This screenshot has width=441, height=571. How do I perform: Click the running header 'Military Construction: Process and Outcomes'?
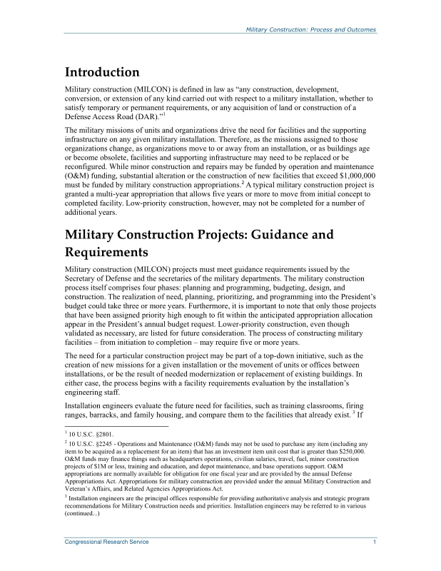click(310, 30)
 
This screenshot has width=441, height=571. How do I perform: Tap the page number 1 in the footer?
click(375, 542)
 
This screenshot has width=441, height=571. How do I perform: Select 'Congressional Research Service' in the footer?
click(107, 542)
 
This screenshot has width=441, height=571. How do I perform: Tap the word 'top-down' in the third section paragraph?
click(286, 355)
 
